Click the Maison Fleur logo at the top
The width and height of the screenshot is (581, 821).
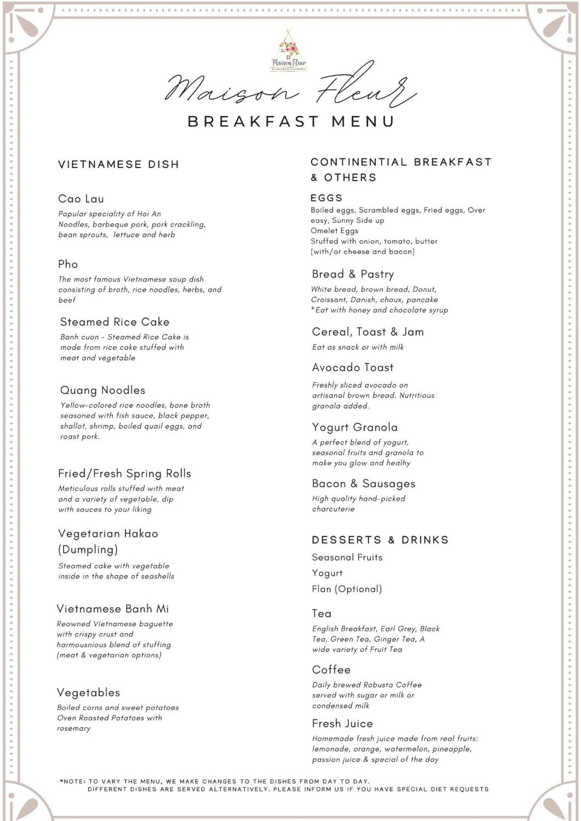[x=288, y=51]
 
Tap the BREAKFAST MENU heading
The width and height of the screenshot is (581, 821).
[x=290, y=122]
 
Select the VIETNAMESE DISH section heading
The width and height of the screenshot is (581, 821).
[x=118, y=165]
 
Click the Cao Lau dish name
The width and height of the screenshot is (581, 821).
[x=81, y=199]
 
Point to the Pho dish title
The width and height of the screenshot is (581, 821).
[x=68, y=264]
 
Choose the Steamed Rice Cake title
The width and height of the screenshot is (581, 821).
[x=115, y=322]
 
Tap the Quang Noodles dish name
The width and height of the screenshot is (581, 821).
[x=103, y=390]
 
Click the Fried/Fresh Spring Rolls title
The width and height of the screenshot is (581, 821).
[x=125, y=474]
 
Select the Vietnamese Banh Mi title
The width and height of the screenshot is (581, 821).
[x=113, y=609]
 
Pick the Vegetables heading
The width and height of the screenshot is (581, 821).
[x=88, y=693]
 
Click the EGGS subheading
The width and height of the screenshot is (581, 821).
[x=326, y=198]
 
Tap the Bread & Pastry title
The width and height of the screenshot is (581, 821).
[x=353, y=274]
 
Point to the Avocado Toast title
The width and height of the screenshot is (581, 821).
[x=353, y=367]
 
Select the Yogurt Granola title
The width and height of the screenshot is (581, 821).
[x=355, y=427]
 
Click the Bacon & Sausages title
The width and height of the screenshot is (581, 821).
[x=363, y=483]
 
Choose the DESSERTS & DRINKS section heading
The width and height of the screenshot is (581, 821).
[x=380, y=540]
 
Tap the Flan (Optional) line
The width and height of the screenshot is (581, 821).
[x=347, y=589]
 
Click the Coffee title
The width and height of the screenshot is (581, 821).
[x=331, y=670]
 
